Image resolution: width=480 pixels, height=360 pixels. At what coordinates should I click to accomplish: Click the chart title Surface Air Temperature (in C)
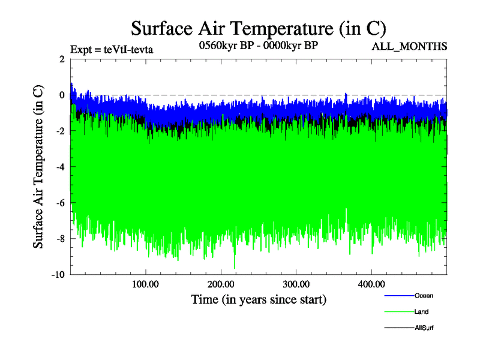[x=258, y=28]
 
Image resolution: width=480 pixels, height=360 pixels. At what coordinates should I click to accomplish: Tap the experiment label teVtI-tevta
[x=112, y=50]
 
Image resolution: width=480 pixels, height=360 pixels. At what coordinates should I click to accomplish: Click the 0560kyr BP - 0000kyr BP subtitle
[x=258, y=45]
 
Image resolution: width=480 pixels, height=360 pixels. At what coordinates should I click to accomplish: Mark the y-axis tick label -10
[x=58, y=275]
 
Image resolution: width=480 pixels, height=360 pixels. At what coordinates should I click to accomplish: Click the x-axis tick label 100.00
[x=145, y=284]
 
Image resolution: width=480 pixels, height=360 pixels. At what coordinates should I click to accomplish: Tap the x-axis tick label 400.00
[x=371, y=284]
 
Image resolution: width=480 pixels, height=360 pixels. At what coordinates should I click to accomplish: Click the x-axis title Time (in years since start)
[x=258, y=298]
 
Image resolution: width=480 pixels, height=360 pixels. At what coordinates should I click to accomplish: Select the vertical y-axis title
[x=38, y=167]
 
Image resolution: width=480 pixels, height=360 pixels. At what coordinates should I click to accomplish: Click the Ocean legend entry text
[x=424, y=295]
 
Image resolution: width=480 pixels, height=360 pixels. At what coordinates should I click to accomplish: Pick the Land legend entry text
[x=422, y=311]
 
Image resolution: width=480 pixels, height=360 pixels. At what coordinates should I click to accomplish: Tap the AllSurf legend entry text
[x=424, y=328]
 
